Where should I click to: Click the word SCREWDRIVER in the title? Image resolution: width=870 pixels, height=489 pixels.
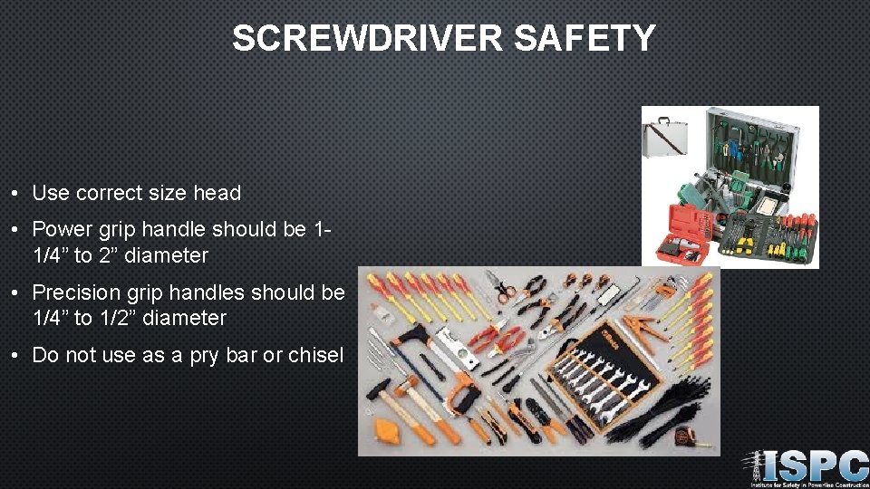[367, 38]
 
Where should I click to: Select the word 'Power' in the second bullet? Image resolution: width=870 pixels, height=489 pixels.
[61, 230]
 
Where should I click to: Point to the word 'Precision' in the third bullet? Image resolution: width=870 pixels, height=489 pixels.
[76, 292]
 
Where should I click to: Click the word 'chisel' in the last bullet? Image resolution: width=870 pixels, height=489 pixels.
[315, 355]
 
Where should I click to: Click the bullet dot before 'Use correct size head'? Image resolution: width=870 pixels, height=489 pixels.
[17, 194]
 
